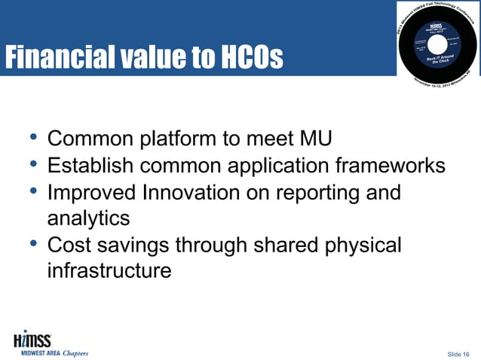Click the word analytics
tap(88, 218)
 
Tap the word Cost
tap(72, 245)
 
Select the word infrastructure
tap(109, 270)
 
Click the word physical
tap(357, 245)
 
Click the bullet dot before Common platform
tap(32, 138)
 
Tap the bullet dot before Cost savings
tap(32, 243)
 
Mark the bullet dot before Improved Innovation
tap(32, 191)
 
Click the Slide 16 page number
tap(458, 353)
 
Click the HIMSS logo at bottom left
tap(34, 339)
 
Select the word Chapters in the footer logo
tap(75, 352)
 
